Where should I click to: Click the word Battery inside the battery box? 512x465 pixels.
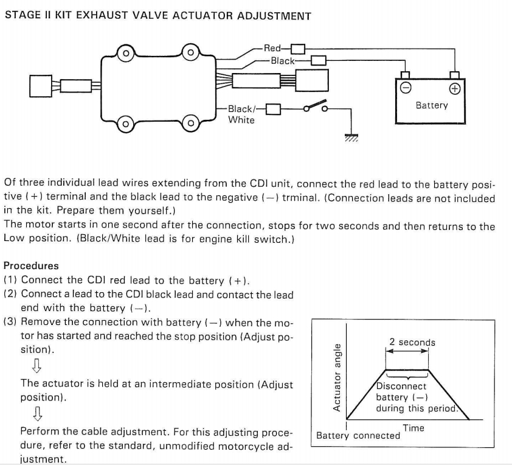click(x=431, y=105)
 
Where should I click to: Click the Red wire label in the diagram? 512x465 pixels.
click(x=271, y=48)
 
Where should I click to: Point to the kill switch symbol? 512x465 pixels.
click(x=316, y=107)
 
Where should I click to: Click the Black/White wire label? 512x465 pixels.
click(x=241, y=114)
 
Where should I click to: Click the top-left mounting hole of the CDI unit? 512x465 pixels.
click(x=125, y=54)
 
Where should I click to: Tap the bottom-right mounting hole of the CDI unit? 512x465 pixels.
click(x=189, y=124)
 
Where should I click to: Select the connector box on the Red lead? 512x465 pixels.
click(x=297, y=49)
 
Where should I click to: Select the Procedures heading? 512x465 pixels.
click(x=31, y=266)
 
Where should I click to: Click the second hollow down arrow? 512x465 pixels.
click(x=36, y=414)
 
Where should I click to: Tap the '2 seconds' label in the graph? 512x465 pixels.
click(x=412, y=342)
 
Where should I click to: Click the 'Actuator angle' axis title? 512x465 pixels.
click(x=337, y=377)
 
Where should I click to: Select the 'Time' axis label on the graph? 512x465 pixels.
click(x=413, y=428)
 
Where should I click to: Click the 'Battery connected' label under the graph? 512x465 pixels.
click(x=358, y=436)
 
